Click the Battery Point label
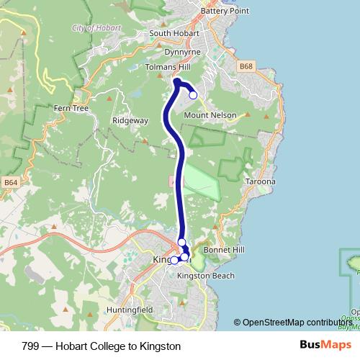[x=224, y=11]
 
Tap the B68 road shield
[x=247, y=66]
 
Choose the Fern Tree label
[x=71, y=108]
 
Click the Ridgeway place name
[x=130, y=120]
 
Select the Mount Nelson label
[x=210, y=114]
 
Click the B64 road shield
[x=10, y=182]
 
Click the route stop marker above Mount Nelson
[x=193, y=95]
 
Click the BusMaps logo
[x=323, y=346]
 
